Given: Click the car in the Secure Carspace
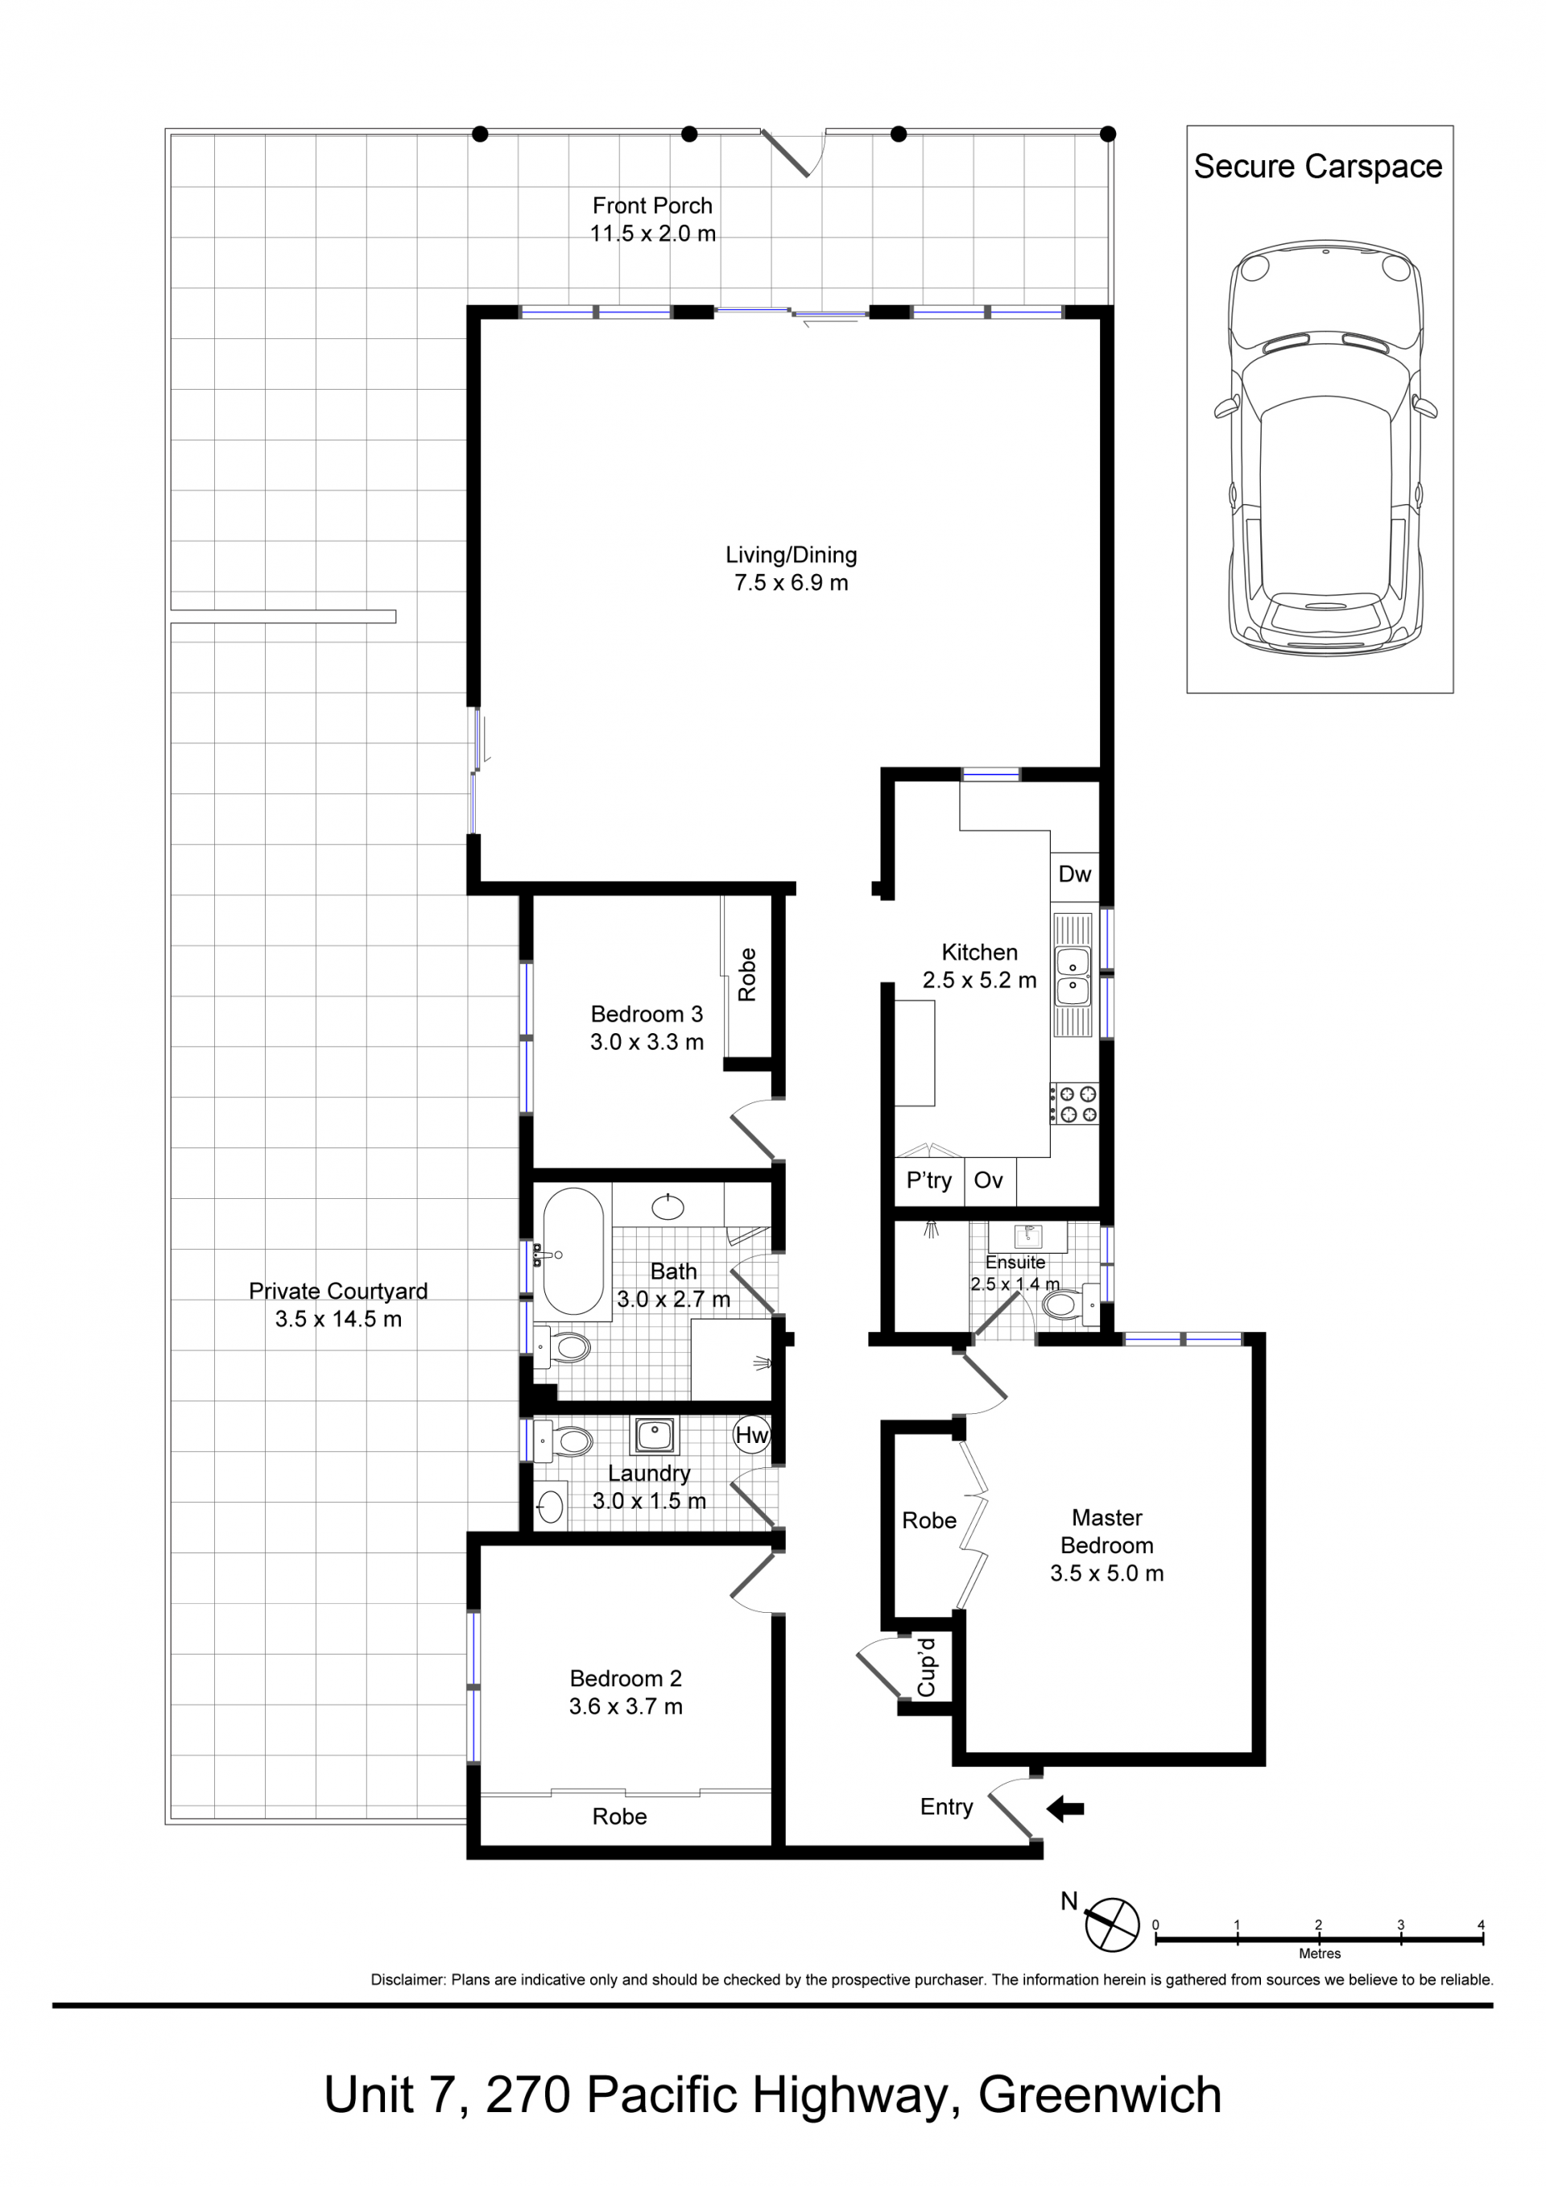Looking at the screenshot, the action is click(x=1326, y=448).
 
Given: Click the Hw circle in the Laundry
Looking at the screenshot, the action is click(x=751, y=1434).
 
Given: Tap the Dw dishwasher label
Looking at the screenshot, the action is click(x=1074, y=874).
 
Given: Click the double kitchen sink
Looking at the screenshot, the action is click(x=1073, y=975).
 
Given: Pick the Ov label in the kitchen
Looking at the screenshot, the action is click(x=988, y=1180).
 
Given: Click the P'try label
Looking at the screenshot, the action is click(x=928, y=1181).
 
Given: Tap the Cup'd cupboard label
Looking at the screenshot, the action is click(x=926, y=1667).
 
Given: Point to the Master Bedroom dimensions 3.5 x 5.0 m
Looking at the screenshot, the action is click(x=1107, y=1573).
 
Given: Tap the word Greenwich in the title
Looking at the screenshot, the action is click(x=1100, y=2094).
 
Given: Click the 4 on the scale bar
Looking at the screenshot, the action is click(x=1482, y=1924).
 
